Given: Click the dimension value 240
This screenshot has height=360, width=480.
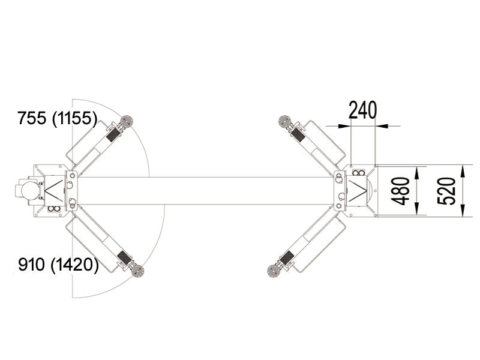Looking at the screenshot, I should click(362, 110).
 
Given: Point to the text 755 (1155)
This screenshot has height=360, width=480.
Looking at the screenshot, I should click(58, 119).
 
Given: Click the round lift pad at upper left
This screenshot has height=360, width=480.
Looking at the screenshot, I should click(126, 121).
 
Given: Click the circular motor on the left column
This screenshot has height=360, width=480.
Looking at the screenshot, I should click(28, 191).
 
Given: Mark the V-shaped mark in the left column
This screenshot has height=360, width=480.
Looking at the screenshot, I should click(52, 191).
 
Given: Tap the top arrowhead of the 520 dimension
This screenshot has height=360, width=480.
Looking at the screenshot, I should click(463, 170).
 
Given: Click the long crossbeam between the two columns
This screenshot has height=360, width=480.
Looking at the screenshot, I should click(204, 191).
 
